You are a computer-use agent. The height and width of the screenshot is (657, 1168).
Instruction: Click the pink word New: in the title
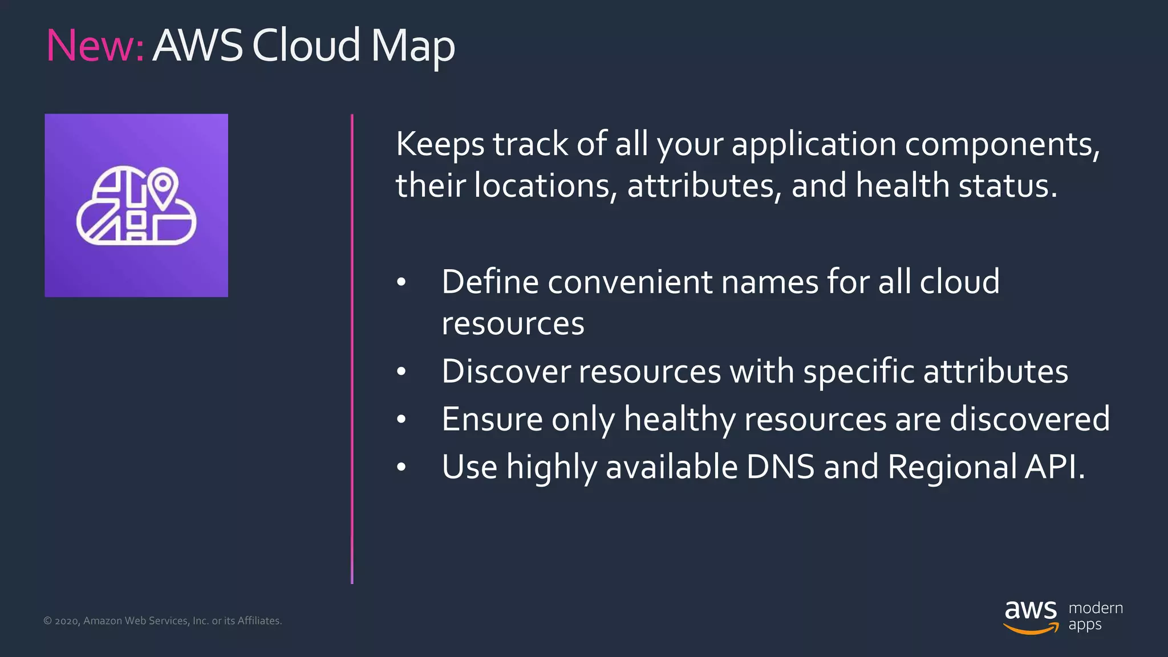point(95,46)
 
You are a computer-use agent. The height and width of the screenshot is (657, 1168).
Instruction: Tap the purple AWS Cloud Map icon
point(136,205)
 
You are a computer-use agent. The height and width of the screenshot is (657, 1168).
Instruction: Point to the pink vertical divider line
point(352,348)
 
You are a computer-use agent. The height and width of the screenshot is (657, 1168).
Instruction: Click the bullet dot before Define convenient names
point(401,282)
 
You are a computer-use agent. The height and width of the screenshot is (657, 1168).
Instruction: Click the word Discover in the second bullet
point(506,372)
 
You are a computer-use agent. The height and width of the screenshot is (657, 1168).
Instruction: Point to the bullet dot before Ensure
point(401,420)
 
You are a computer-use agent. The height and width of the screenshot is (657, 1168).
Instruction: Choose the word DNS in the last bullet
point(780,467)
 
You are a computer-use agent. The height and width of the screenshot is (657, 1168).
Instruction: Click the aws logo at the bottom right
point(1031,616)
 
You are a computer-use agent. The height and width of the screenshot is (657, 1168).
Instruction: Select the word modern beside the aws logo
point(1096,608)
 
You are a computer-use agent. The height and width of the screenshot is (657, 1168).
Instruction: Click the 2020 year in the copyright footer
point(67,621)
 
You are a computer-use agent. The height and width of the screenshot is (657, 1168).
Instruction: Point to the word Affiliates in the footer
point(259,620)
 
